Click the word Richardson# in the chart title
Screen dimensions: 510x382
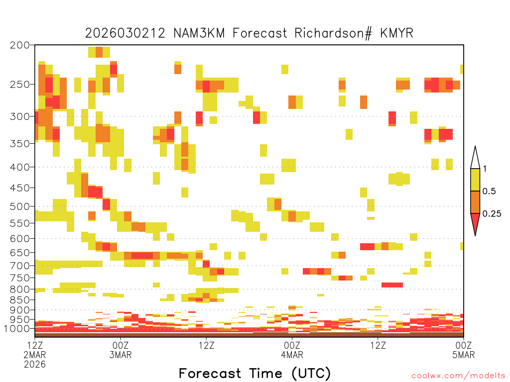[333, 33]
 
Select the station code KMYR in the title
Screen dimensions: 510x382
[397, 33]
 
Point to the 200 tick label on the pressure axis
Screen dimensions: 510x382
[20, 45]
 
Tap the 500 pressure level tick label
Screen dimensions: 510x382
[20, 206]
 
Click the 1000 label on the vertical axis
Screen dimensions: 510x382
[17, 329]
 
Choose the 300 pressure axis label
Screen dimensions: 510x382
[20, 116]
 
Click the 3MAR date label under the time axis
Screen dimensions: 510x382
[121, 355]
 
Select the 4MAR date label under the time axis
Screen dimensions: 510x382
[292, 355]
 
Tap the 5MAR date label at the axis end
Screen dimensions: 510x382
[464, 355]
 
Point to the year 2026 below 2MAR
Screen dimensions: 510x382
[35, 365]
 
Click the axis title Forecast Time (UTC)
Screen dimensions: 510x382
[255, 374]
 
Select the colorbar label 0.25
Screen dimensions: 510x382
[492, 214]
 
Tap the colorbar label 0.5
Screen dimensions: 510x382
[489, 191]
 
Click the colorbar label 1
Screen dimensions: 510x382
[485, 169]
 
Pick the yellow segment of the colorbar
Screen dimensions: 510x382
[475, 180]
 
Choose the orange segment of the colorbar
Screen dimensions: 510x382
[475, 202]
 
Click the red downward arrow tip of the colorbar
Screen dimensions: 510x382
[475, 235]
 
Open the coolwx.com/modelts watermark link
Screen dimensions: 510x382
[458, 376]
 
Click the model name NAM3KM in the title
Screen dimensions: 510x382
[199, 33]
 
